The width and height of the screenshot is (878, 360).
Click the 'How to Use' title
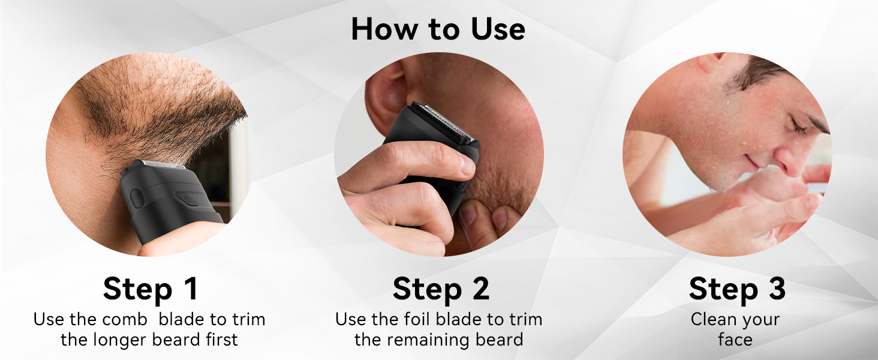(438, 29)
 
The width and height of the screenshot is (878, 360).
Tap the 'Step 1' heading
(150, 289)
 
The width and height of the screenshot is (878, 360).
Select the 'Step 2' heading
(441, 289)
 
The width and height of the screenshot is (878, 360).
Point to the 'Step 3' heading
(737, 289)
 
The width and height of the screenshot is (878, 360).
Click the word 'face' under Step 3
(735, 340)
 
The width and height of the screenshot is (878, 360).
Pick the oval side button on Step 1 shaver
(137, 199)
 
